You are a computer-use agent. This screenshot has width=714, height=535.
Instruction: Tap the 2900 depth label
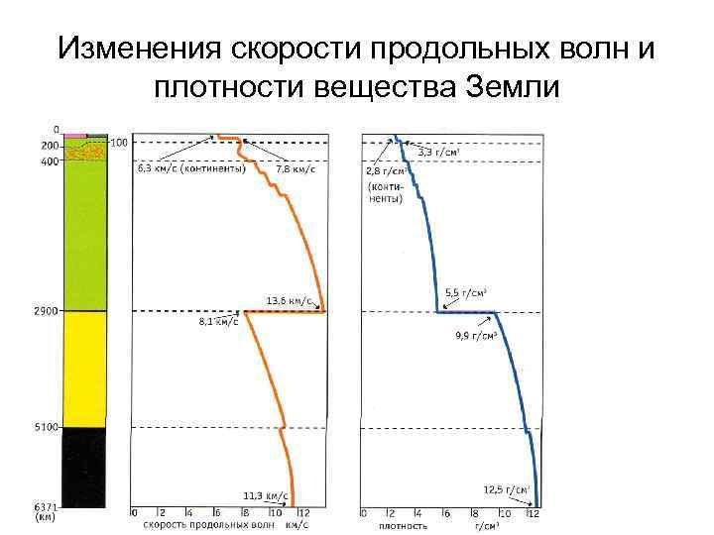(x=46, y=311)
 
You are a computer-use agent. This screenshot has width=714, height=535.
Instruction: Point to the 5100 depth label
(x=46, y=427)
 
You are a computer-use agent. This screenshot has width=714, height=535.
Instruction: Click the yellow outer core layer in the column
(x=84, y=369)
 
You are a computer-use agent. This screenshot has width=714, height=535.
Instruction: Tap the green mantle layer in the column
(x=84, y=238)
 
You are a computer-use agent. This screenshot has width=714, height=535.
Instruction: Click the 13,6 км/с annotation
(x=290, y=299)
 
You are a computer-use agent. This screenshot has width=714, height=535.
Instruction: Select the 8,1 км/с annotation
(x=219, y=322)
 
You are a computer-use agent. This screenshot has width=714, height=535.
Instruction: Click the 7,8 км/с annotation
(x=297, y=169)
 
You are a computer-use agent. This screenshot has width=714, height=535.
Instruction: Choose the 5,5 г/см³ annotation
(x=465, y=292)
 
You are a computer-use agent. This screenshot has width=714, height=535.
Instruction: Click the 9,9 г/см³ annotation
(x=476, y=336)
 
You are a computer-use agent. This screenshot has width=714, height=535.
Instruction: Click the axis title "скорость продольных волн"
(x=204, y=525)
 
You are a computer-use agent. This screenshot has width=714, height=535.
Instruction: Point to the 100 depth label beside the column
(x=119, y=143)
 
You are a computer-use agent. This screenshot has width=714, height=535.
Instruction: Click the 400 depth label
(x=49, y=161)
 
